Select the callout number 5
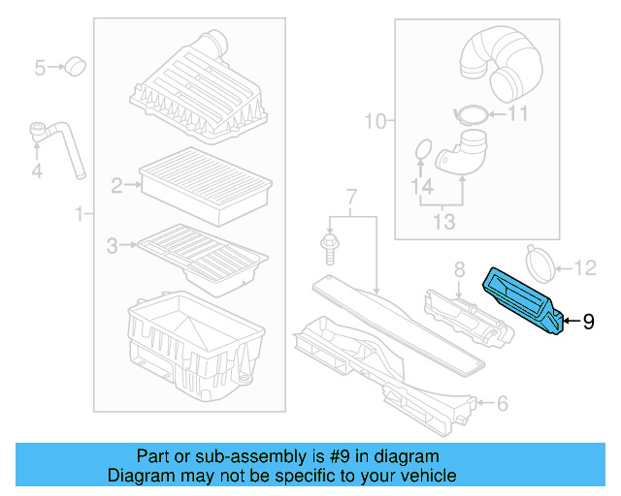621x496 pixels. pyautogui.click(x=41, y=68)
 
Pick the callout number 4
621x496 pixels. pyautogui.click(x=37, y=172)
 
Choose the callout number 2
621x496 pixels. pyautogui.click(x=116, y=184)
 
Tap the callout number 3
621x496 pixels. pyautogui.click(x=113, y=246)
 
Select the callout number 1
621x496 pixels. pyautogui.click(x=79, y=212)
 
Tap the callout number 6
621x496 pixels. pyautogui.click(x=502, y=403)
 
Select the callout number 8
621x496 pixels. pyautogui.click(x=459, y=268)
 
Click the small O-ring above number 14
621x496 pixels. pyautogui.click(x=421, y=150)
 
